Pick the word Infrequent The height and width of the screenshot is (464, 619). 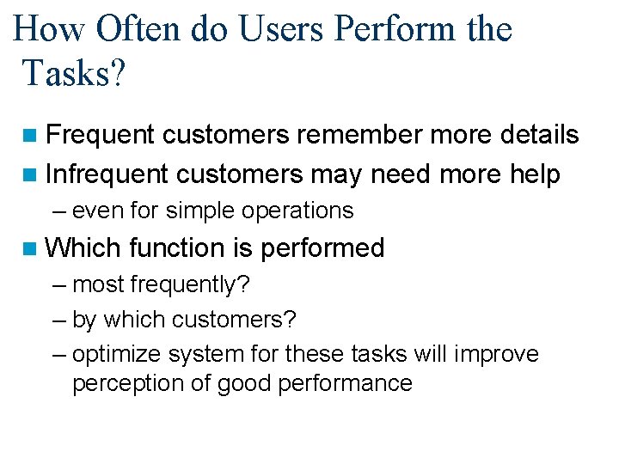click(107, 175)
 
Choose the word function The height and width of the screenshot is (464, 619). click(176, 248)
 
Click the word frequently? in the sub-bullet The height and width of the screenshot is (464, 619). click(191, 284)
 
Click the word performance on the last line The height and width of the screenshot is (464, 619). click(346, 383)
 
